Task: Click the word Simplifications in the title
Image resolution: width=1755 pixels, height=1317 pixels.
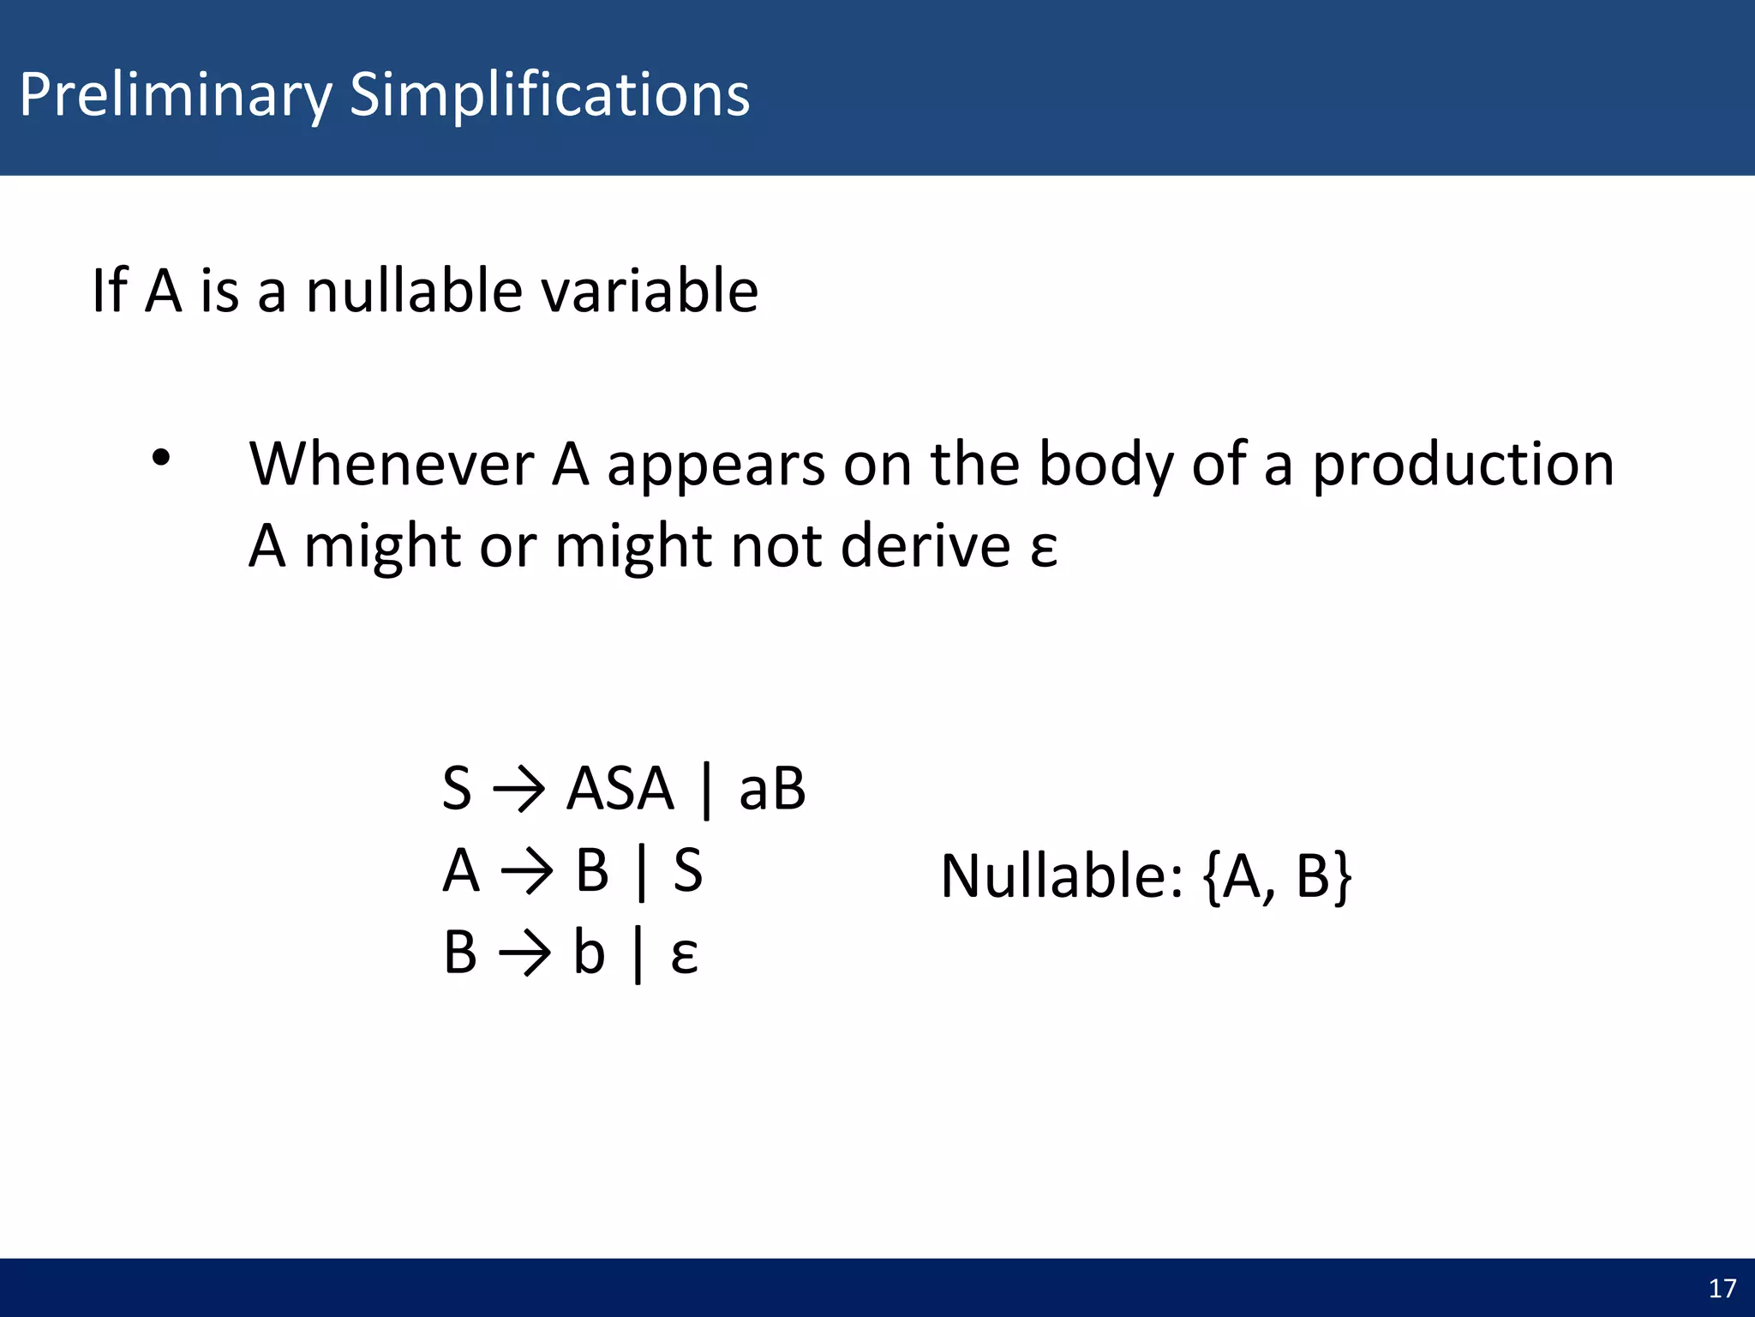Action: coord(549,94)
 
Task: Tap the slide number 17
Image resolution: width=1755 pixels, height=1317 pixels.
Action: coord(1722,1289)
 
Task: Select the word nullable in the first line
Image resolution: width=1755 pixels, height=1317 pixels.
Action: coord(414,291)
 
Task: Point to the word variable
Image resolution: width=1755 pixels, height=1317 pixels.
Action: coord(649,291)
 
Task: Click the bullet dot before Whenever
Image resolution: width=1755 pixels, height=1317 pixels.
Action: coord(161,458)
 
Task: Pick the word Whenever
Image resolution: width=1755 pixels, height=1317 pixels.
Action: coord(392,464)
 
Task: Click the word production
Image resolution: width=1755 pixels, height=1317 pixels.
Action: coord(1463,464)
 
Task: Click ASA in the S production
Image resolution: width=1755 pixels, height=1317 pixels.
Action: coord(620,788)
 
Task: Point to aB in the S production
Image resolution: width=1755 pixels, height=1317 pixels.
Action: coord(771,788)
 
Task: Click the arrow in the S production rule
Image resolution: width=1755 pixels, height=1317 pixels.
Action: coord(518,790)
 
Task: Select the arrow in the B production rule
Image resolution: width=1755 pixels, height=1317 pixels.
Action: coord(524,954)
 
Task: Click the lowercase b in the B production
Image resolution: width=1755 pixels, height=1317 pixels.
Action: coord(589,953)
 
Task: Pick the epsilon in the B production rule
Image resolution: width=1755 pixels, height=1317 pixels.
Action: coord(684,956)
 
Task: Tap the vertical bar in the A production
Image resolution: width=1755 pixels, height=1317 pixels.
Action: coord(641,873)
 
